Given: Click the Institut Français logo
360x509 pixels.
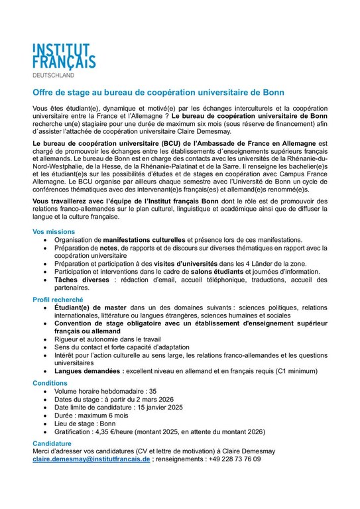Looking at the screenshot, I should pyautogui.click(x=64, y=54).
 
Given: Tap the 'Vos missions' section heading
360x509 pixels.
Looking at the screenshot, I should pyautogui.click(x=54, y=231).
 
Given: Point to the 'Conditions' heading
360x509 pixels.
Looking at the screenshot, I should pyautogui.click(x=50, y=383).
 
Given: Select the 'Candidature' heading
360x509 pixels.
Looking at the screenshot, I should pyautogui.click(x=53, y=442).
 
